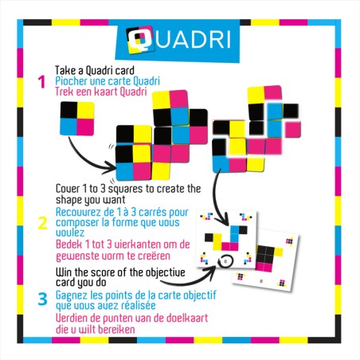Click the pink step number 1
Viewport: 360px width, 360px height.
41,81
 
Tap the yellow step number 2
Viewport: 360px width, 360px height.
42,222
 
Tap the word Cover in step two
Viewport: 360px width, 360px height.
69,188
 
